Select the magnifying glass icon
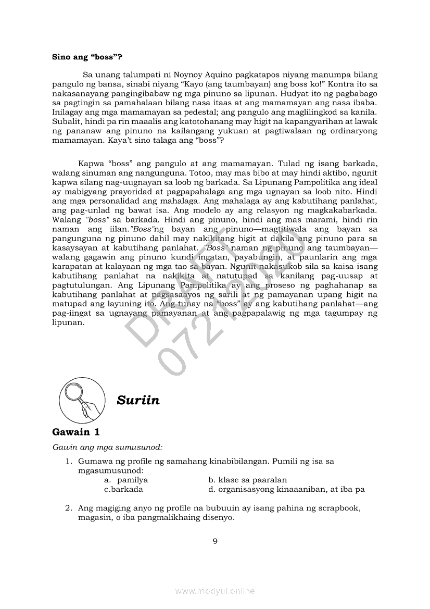click(x=81, y=400)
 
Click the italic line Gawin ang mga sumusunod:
click(x=107, y=447)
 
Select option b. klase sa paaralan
click(x=247, y=480)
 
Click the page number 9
click(x=215, y=541)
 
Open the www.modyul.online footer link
click(x=215, y=591)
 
